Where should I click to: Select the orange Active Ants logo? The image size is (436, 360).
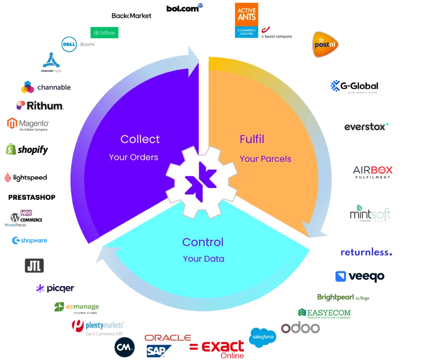[246, 20]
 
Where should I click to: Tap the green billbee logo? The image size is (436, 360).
[104, 33]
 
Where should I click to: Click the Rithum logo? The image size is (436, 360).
[39, 105]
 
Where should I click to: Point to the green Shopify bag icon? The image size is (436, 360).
[10, 149]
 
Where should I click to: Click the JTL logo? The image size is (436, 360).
[34, 265]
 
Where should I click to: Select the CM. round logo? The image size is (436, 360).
[124, 348]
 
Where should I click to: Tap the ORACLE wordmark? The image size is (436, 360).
[167, 338]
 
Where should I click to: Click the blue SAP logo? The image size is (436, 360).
[159, 351]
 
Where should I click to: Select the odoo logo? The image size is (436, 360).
[300, 328]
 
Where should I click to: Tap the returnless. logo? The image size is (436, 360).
[366, 253]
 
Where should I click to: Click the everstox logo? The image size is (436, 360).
[367, 127]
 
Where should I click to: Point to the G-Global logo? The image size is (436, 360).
[354, 86]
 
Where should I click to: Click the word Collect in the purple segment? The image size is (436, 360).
[140, 139]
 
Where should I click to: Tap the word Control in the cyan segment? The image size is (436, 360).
[203, 242]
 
